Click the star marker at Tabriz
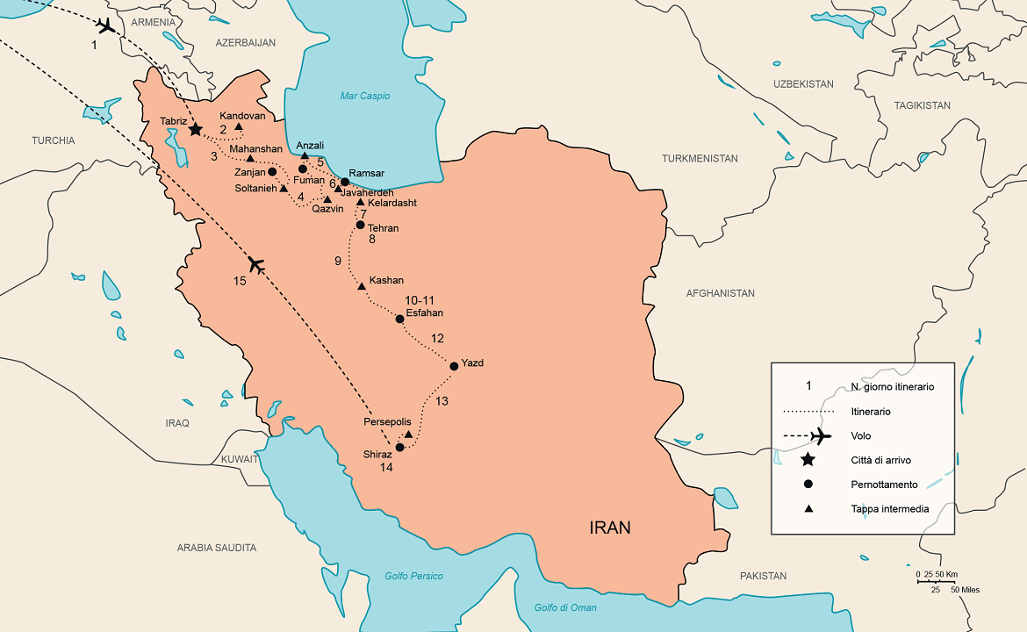coord(196,129)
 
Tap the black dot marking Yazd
coord(454,366)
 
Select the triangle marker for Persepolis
coord(408,434)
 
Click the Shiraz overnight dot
coord(400,448)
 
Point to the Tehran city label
coord(383,228)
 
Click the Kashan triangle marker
coord(362,285)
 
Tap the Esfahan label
coord(425,312)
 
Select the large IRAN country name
coord(609,528)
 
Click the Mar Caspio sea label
coord(365,96)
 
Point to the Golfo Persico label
coord(413,576)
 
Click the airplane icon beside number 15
coord(256,264)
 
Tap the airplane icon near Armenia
coord(107,25)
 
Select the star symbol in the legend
coord(808,460)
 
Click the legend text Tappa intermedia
coord(889,508)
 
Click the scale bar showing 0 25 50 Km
coord(936,580)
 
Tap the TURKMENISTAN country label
coord(700,159)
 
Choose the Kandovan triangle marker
coord(239,126)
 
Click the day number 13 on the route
coord(442,401)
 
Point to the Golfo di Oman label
coord(565,607)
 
